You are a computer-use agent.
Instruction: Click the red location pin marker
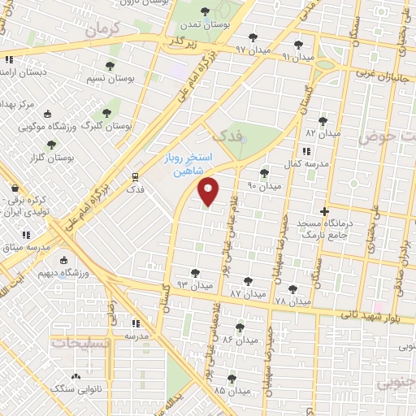click(x=209, y=191)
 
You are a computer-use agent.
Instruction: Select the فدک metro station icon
click(x=134, y=175)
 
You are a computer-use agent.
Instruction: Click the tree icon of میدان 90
click(x=263, y=173)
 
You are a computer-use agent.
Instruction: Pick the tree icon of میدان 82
click(x=323, y=120)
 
